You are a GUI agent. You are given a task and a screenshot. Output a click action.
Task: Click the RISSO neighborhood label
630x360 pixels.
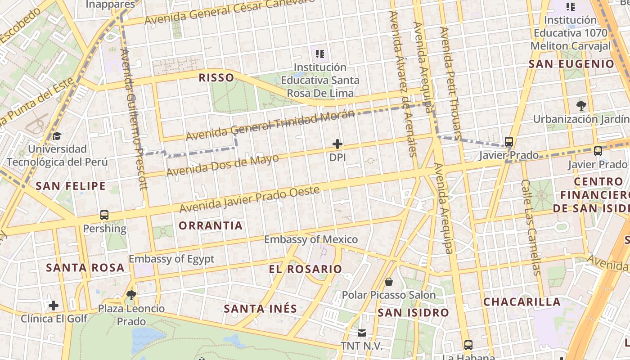[x=216, y=78]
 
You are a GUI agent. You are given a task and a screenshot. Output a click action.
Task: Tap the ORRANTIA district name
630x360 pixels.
[x=211, y=225]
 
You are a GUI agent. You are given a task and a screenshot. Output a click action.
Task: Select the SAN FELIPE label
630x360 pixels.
[x=71, y=186]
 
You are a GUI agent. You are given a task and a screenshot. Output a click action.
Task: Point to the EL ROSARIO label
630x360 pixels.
[x=306, y=269]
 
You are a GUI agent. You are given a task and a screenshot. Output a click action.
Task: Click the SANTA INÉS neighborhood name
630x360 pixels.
[x=261, y=309]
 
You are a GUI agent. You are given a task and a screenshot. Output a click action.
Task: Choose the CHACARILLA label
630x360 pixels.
[x=522, y=301]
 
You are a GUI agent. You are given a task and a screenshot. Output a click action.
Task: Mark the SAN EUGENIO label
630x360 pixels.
[x=571, y=64]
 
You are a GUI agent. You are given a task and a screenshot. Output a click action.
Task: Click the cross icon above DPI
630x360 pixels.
[x=337, y=144]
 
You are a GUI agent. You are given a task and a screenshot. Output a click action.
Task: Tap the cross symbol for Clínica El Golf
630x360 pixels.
[x=54, y=306]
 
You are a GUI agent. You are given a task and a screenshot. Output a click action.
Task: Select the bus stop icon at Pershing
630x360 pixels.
[x=104, y=215]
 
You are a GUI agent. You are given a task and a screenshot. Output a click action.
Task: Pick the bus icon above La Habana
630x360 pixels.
[x=468, y=345]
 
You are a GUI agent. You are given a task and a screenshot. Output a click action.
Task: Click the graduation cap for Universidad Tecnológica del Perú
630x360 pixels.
[x=57, y=136]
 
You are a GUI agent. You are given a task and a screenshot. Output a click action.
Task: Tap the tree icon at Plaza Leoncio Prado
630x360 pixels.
[x=131, y=295]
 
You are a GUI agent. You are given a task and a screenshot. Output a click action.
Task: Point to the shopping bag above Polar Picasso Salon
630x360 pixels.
[x=388, y=282]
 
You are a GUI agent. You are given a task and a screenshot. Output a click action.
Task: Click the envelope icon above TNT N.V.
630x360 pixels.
[x=361, y=333]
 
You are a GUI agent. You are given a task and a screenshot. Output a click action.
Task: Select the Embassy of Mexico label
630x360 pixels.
[x=311, y=239]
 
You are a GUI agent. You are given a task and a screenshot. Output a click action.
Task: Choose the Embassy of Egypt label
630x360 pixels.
[x=171, y=259]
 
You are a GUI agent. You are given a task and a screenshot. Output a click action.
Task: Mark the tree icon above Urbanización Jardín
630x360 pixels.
[x=581, y=106]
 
